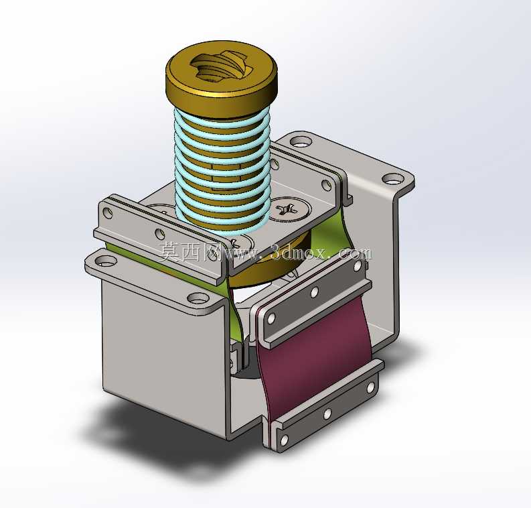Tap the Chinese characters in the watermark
[x=190, y=253]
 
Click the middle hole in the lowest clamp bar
[x=327, y=414]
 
